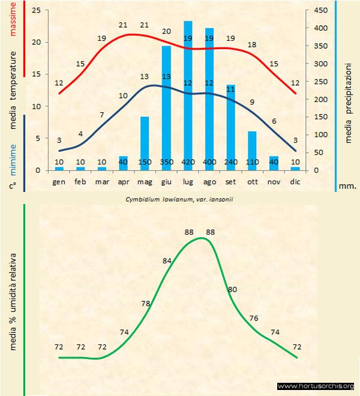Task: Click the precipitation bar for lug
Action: pyautogui.click(x=188, y=96)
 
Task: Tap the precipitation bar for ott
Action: pyautogui.click(x=253, y=150)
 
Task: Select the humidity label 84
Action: pyautogui.click(x=167, y=260)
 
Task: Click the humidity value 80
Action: pyautogui.click(x=233, y=290)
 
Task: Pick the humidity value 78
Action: pyautogui.click(x=145, y=304)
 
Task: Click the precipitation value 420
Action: pyautogui.click(x=188, y=162)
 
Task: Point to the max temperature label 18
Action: pyautogui.click(x=252, y=45)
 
